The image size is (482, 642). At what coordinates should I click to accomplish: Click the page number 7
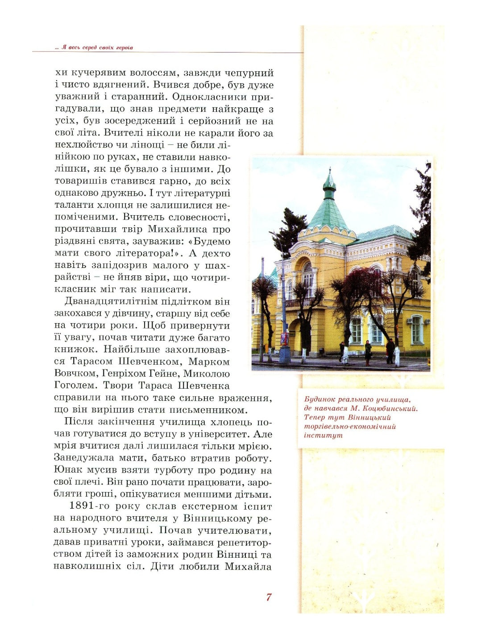[x=269, y=597]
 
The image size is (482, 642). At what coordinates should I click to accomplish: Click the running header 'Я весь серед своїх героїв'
[x=97, y=47]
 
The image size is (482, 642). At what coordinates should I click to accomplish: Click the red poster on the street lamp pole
[x=284, y=339]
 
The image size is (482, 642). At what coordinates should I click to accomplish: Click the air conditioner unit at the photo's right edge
[x=427, y=321]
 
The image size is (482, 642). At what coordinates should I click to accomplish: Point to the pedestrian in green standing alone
[x=368, y=351]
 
